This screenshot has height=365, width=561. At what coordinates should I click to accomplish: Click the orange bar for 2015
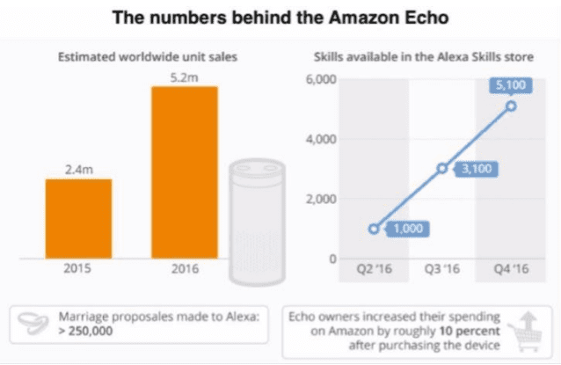[78, 217]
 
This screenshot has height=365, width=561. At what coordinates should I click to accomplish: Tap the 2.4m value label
[78, 169]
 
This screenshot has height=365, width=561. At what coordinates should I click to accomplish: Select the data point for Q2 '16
[375, 229]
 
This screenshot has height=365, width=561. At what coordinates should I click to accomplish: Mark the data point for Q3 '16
[442, 167]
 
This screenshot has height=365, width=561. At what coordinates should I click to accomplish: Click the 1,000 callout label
[406, 229]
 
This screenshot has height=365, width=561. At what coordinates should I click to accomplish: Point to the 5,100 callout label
[511, 85]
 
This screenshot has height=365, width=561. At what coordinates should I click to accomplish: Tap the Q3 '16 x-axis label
[442, 269]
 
